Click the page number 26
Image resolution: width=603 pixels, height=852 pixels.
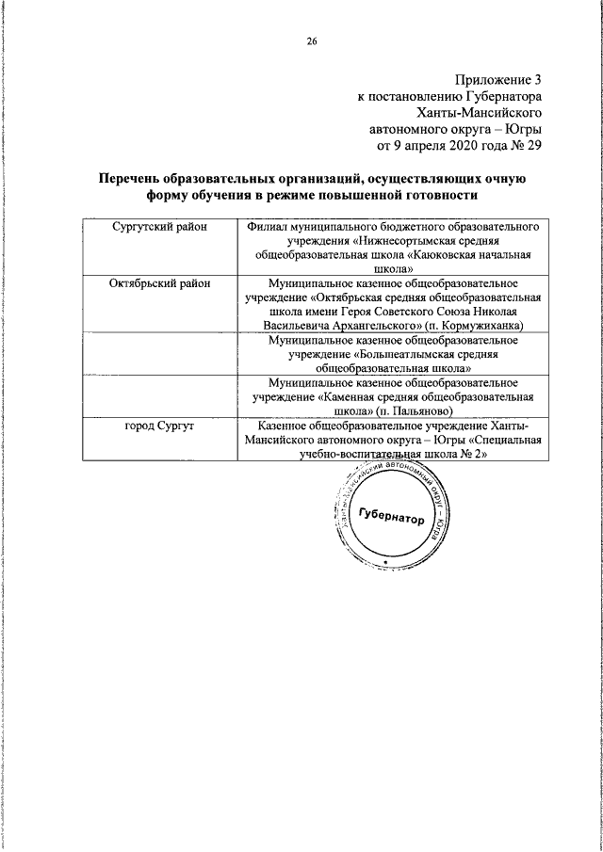pyautogui.click(x=311, y=40)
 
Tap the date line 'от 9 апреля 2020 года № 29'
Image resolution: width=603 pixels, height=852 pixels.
pyautogui.click(x=460, y=146)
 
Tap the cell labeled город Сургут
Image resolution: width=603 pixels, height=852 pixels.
pyautogui.click(x=159, y=428)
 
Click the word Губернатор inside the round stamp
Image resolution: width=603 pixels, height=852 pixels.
pyautogui.click(x=391, y=515)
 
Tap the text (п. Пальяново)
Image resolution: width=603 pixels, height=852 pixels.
pyautogui.click(x=416, y=410)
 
